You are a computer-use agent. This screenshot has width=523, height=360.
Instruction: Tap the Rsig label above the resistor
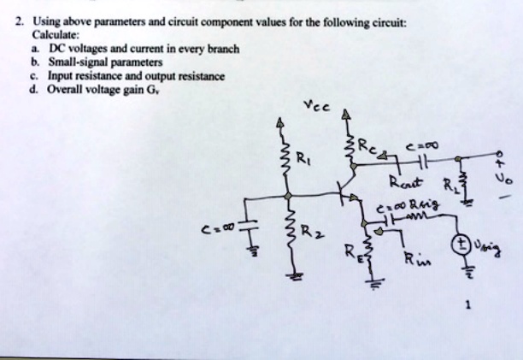pos(420,206)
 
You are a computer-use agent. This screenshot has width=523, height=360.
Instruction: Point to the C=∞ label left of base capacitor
pos(214,229)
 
